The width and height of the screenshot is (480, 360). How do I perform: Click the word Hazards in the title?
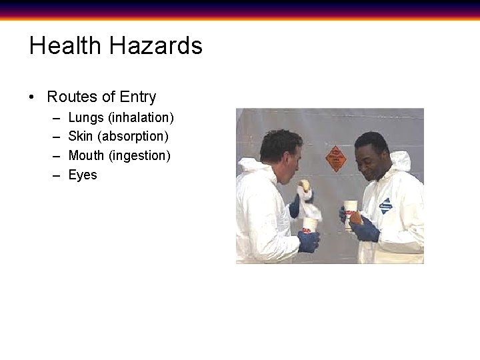(156, 46)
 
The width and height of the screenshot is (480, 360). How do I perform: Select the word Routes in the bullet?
(72, 97)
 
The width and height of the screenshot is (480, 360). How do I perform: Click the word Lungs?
(86, 118)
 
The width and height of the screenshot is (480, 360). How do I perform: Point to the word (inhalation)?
(141, 118)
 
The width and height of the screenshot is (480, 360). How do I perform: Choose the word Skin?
(81, 137)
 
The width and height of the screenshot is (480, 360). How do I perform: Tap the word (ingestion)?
(140, 156)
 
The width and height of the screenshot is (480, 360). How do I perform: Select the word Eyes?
(83, 175)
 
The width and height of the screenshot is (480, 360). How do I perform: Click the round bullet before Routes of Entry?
(32, 97)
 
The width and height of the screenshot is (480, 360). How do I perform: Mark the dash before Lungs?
(54, 118)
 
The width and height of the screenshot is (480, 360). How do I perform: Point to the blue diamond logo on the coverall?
(386, 206)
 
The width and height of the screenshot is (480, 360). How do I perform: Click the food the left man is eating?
(304, 185)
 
